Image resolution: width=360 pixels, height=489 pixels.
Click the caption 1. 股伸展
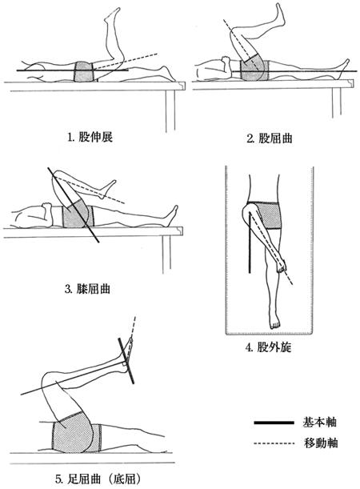tap(90, 137)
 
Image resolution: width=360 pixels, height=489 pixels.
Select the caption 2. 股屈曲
tap(270, 138)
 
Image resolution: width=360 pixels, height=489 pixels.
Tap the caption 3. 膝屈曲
tap(87, 289)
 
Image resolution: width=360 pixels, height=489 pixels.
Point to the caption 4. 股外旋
tap(268, 347)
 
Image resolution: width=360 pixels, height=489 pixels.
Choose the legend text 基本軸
tap(319, 423)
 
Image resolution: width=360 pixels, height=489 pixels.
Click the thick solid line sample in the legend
tap(274, 423)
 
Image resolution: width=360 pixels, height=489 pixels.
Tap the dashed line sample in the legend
tap(274, 443)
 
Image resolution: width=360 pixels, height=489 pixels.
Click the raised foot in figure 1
tap(112, 14)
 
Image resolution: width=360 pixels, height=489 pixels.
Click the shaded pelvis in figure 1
tap(84, 72)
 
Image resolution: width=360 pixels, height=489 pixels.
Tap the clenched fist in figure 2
tap(225, 61)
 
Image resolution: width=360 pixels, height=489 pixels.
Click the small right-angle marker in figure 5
tap(125, 364)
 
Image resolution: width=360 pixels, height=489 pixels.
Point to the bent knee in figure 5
tap(50, 379)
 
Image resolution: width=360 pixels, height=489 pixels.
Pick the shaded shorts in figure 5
tap(76, 432)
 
